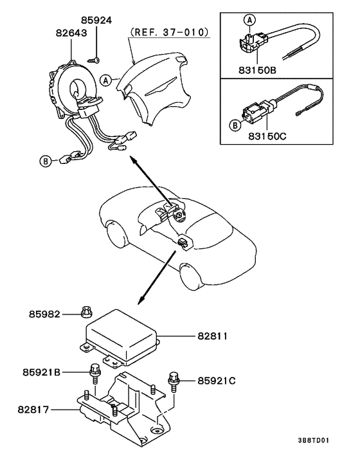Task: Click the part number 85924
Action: [x=96, y=21]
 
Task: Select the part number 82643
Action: [x=71, y=33]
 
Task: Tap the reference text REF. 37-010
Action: [x=169, y=32]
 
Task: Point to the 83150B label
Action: [x=257, y=70]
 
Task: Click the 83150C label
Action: [x=267, y=136]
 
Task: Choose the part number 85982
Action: [x=44, y=314]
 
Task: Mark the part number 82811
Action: [x=213, y=336]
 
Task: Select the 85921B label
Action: [x=41, y=372]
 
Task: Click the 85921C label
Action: [x=217, y=381]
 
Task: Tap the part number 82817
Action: [x=33, y=410]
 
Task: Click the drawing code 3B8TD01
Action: [x=314, y=440]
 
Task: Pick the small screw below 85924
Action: [x=93, y=60]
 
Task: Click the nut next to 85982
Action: [x=86, y=311]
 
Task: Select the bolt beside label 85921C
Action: [x=173, y=381]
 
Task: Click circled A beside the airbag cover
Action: [x=106, y=80]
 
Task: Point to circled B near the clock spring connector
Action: [x=45, y=161]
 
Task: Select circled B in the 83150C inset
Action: [x=235, y=125]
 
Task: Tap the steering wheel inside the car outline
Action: [x=179, y=215]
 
